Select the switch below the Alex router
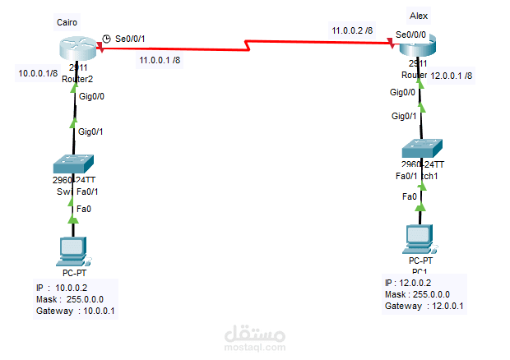click(422, 150)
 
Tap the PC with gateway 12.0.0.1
click(420, 238)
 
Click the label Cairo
click(68, 19)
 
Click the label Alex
click(418, 16)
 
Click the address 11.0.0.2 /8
click(352, 30)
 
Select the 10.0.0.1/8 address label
click(38, 72)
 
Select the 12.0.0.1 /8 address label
click(452, 75)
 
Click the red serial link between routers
click(247, 44)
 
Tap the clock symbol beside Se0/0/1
click(107, 39)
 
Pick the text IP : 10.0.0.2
click(66, 288)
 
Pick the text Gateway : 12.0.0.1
click(424, 306)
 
